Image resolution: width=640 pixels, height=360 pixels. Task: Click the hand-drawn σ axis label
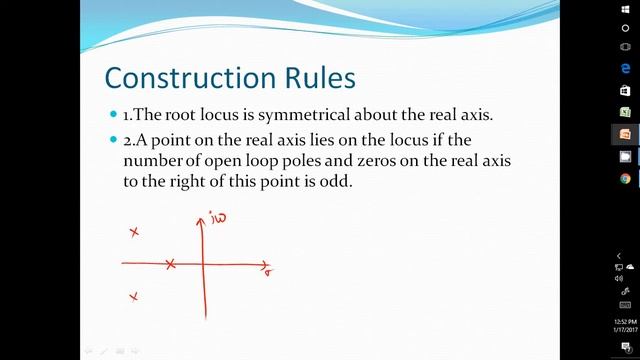270,270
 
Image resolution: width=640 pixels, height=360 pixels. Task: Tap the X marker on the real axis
171,264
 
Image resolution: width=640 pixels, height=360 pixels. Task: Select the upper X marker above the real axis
134,233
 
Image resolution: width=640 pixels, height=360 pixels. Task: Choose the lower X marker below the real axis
133,296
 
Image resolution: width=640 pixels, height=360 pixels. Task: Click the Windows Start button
625,11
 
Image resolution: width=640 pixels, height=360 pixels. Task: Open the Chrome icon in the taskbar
625,179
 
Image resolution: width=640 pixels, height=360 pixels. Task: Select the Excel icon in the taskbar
625,112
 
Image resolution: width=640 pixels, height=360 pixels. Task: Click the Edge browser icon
625,68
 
